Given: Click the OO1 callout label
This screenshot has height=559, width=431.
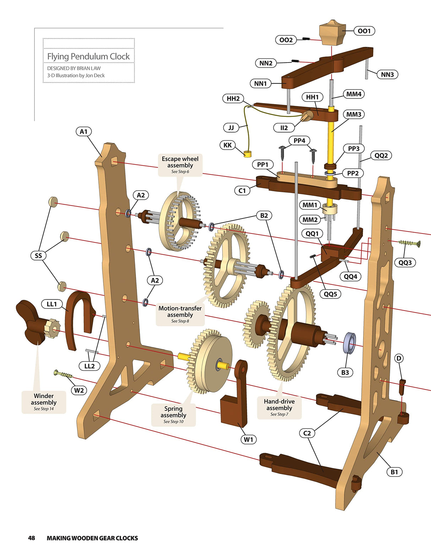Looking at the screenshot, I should pos(364,31).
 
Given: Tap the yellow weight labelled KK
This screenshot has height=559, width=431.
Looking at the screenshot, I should pos(247,154).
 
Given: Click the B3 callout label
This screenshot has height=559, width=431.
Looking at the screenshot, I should pos(345,372).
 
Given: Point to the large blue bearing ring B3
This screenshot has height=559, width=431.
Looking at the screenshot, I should pos(350,343).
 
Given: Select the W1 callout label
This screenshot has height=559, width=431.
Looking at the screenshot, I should pos(249,440).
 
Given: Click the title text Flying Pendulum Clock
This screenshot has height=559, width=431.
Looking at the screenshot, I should pos(88,57).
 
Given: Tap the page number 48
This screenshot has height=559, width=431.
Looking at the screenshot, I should pos(32,538).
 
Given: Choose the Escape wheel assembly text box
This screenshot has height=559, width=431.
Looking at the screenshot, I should pos(180,165).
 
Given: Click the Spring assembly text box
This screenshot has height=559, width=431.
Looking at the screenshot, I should pos(173,415).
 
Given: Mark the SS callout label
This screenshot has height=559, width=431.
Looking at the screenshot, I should pos(38,256).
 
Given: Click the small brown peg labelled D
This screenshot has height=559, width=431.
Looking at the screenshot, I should pos(402,387).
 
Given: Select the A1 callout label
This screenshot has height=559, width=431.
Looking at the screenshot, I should pos(83,131).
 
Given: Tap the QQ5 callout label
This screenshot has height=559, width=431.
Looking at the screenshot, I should pos(330,294).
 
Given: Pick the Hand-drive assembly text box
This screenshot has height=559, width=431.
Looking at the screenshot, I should pos(279,408).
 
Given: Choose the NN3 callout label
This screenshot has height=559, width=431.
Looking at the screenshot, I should pos(387,75).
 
